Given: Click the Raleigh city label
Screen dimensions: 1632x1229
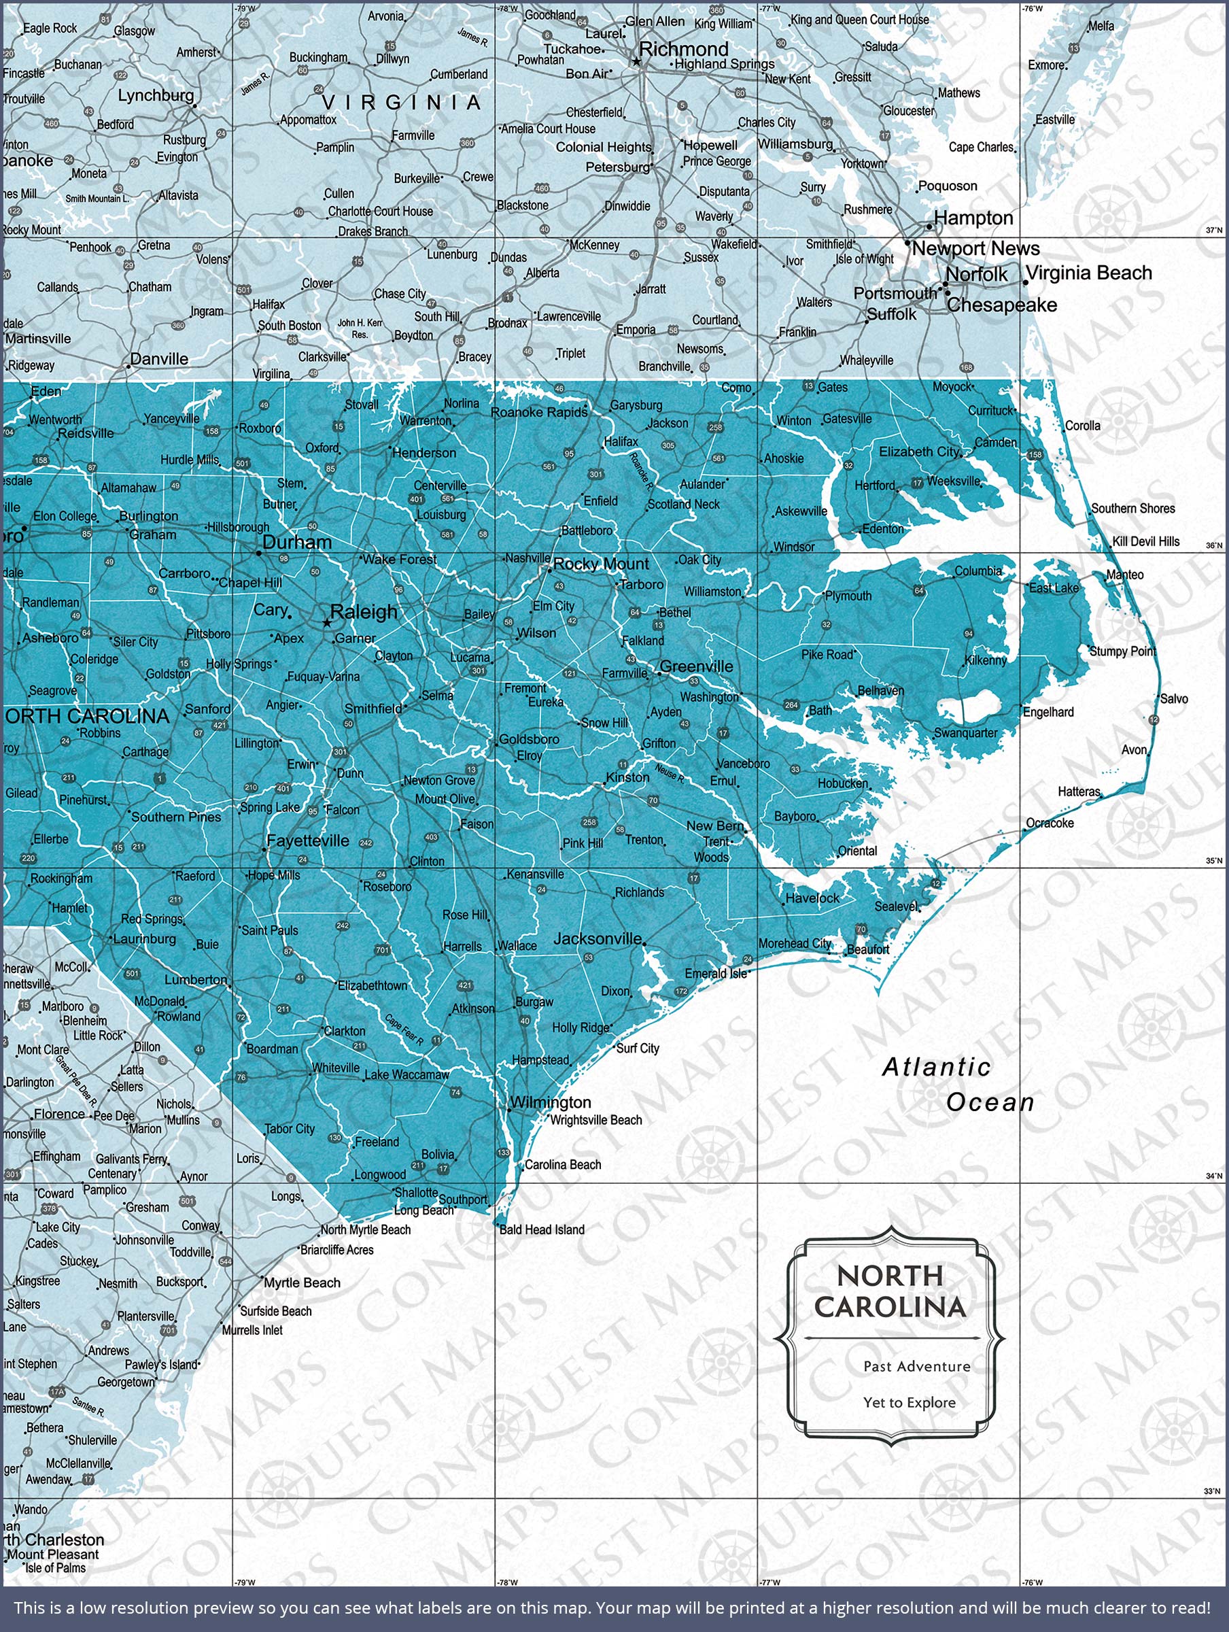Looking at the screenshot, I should tap(364, 611).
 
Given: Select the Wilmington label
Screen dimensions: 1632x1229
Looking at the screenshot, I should tap(551, 1102).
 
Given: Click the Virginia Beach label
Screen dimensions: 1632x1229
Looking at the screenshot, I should tap(1089, 273).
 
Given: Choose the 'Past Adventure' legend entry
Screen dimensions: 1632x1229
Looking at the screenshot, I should tap(917, 1366).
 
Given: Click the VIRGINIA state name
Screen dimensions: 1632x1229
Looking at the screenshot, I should tap(402, 103).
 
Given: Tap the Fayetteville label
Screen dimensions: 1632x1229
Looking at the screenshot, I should tap(308, 840).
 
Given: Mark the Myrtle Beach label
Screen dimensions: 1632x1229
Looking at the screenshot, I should tap(302, 1283).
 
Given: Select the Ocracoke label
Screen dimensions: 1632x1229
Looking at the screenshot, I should tap(1050, 823).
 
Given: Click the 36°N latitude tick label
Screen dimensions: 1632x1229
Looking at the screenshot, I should tap(1213, 546).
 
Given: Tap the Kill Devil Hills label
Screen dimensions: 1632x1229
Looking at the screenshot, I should tap(1145, 541).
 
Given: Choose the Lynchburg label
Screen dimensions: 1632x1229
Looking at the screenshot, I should tap(156, 95).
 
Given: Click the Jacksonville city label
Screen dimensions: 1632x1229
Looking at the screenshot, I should tap(598, 938).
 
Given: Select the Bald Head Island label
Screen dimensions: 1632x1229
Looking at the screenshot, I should tap(542, 1230).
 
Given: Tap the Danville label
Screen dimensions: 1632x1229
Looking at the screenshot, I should tap(158, 359).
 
